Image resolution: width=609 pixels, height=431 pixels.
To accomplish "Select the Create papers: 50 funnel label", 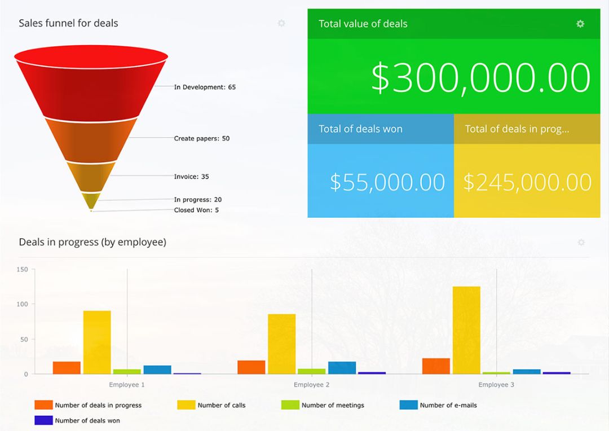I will tap(201, 138).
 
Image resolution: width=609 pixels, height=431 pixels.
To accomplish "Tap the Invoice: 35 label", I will tap(191, 177).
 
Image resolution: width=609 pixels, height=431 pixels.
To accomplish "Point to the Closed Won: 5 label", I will tap(196, 210).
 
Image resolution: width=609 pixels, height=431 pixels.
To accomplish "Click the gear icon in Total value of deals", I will tap(580, 24).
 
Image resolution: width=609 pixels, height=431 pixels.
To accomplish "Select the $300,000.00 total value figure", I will tap(480, 77).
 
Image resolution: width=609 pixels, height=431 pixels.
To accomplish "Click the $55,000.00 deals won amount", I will tap(387, 182).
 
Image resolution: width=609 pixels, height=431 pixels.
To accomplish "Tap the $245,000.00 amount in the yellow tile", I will tap(527, 182).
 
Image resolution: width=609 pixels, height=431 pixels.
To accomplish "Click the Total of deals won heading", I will tap(360, 129).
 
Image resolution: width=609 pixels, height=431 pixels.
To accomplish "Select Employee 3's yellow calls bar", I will tap(466, 330).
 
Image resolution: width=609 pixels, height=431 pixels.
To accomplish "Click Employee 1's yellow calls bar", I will tap(97, 342).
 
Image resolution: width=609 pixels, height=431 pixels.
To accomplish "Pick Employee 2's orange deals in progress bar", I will tap(251, 367).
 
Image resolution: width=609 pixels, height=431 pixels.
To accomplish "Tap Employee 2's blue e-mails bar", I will tap(342, 367).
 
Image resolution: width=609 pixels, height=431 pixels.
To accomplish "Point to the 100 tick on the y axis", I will tap(22, 304).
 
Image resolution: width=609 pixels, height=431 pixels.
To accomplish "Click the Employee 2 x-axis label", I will tap(312, 385).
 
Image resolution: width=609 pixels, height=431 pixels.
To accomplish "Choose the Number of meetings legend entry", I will tap(332, 405).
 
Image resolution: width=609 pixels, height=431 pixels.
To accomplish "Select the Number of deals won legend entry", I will tap(87, 420).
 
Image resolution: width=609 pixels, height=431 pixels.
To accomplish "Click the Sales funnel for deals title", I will tap(68, 23).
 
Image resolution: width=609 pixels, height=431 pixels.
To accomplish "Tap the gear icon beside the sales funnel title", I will tap(281, 23).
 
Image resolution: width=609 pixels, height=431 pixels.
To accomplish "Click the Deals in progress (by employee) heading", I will tap(92, 242).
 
